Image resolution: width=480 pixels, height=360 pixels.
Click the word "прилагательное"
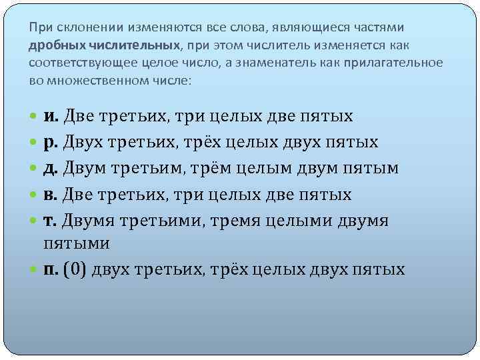[x=393, y=63]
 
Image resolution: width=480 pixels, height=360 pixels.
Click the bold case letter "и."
[x=52, y=117]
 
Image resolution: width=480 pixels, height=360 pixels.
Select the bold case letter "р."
[x=52, y=143]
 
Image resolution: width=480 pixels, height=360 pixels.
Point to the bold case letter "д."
[x=52, y=169]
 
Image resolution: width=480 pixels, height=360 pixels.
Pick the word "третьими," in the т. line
[x=167, y=220]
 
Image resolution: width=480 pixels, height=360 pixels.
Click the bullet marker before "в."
[x=35, y=195]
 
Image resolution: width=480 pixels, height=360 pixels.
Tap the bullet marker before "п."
[x=35, y=270]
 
